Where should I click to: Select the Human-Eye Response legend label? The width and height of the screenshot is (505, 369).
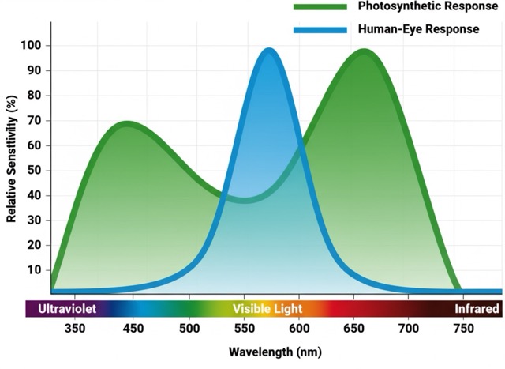pos(418,29)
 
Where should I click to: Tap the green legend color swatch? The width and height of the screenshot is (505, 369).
pos(320,6)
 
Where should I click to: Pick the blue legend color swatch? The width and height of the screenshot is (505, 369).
pos(320,30)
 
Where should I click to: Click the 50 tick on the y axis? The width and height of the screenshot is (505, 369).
pos(33,170)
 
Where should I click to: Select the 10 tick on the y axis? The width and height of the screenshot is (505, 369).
pos(33,269)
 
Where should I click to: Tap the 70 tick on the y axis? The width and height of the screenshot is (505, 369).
pos(33,120)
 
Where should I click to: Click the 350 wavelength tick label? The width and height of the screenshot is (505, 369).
pos(75,328)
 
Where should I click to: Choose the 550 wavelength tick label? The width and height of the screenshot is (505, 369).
pos(241,328)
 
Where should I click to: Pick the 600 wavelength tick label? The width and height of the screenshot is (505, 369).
pos(298,328)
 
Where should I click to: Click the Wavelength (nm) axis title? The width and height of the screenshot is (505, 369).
pos(275,352)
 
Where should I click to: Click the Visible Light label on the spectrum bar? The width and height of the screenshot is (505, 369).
pos(267,309)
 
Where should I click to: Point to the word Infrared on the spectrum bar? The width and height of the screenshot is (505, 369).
pos(477,309)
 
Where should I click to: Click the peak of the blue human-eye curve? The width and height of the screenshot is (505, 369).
pos(269,52)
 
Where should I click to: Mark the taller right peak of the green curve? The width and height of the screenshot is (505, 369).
pos(364,53)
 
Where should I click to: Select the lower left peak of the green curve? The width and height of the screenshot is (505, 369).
pos(126,124)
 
